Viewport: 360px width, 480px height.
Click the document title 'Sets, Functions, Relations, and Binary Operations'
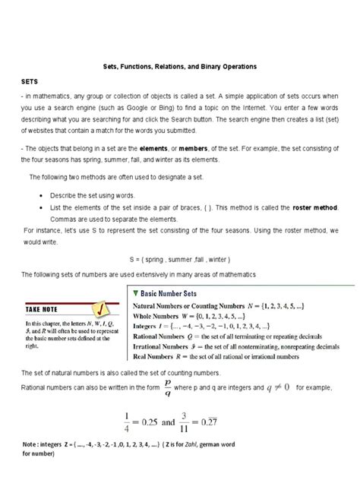(x=180, y=67)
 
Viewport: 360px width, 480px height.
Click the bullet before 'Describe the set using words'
(x=39, y=197)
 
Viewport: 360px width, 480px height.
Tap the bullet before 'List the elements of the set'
(x=39, y=208)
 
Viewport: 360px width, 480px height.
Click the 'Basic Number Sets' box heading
(x=172, y=292)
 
